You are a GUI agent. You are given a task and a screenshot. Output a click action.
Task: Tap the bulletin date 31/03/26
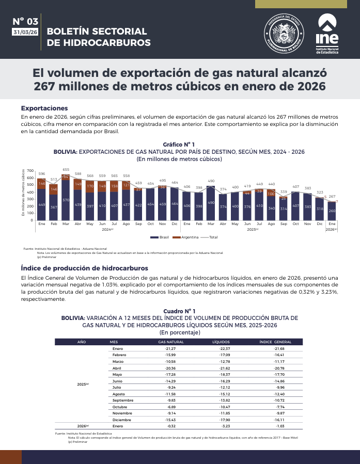click(25, 32)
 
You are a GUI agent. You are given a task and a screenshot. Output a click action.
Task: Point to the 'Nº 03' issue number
click(25, 22)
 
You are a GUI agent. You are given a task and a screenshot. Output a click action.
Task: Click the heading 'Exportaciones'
click(44, 108)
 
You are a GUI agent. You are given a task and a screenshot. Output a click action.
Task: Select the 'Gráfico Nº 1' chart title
click(179, 145)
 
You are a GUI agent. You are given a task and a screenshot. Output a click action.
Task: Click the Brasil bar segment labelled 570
click(66, 200)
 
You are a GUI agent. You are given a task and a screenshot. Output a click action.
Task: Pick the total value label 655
click(66, 169)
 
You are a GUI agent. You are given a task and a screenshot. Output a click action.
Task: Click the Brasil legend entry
click(161, 237)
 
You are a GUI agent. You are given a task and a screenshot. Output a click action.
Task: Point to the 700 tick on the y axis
click(30, 171)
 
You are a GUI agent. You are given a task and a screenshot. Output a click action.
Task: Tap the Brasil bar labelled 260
click(332, 211)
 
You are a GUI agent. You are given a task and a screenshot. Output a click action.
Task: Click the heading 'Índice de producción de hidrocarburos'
click(84, 268)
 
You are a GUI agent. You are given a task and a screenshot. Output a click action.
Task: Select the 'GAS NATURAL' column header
click(170, 342)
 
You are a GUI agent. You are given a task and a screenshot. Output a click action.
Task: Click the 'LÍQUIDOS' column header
click(221, 342)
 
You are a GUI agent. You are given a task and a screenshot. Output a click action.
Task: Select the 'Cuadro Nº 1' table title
click(179, 311)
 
